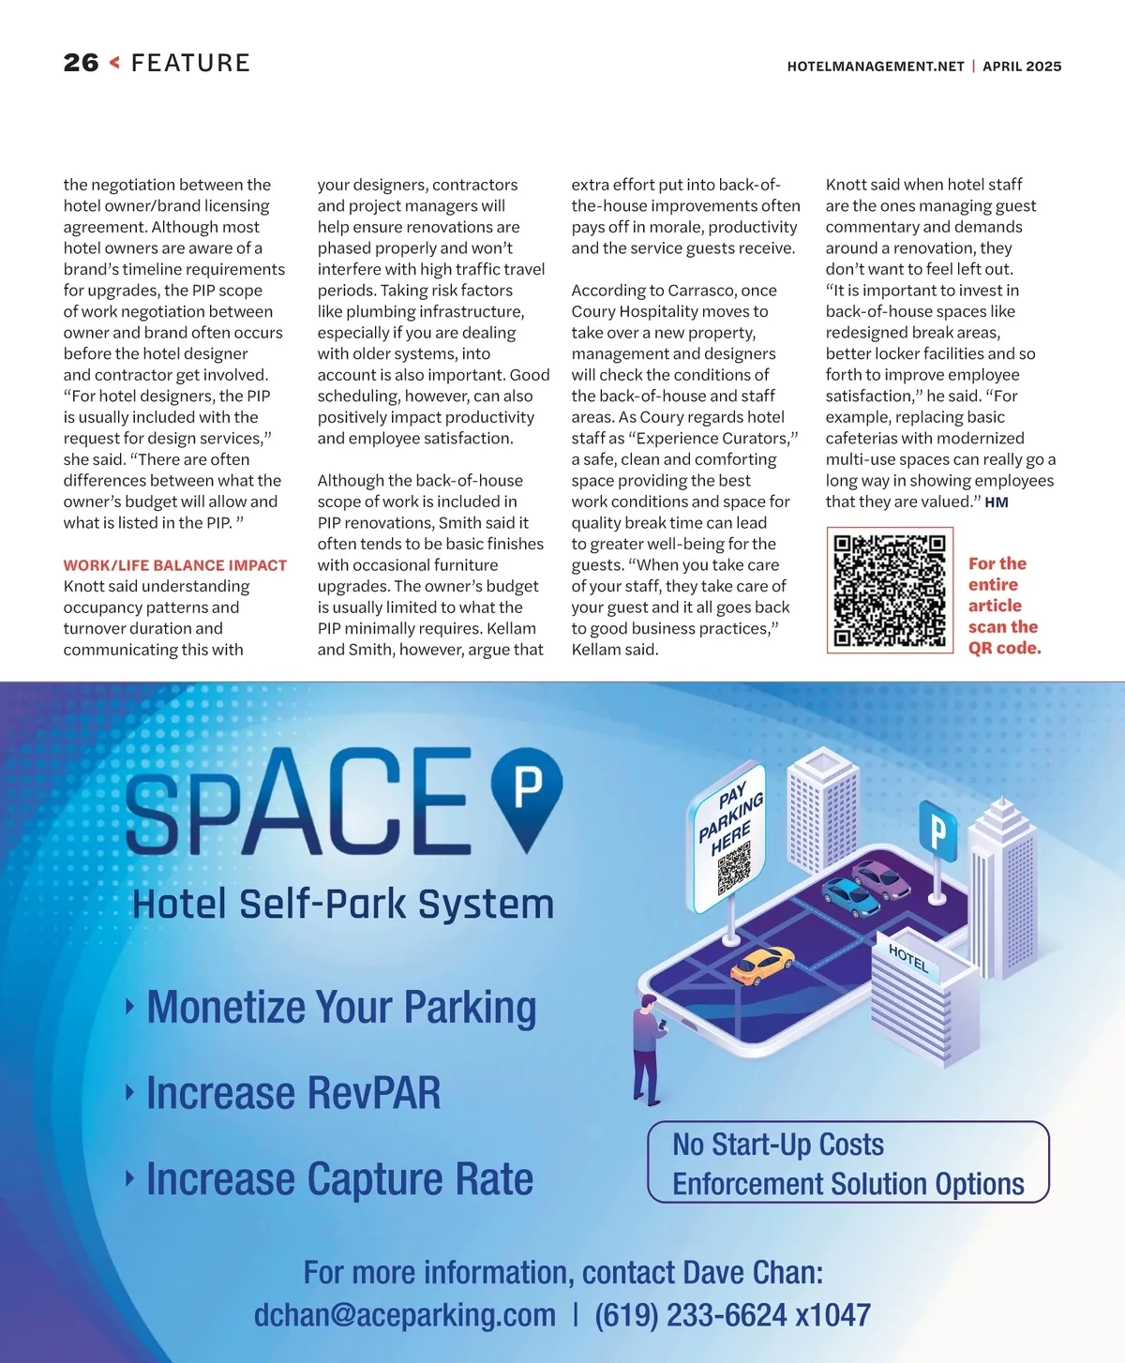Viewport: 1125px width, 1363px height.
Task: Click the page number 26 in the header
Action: pos(81,63)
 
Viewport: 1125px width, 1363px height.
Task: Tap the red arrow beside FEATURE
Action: pos(114,63)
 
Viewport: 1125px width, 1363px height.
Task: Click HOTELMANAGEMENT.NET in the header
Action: pos(876,67)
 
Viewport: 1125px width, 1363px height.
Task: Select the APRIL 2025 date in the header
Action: pos(1022,67)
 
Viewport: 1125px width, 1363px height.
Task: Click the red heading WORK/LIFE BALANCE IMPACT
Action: pos(175,565)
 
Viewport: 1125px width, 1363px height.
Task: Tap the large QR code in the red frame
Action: pos(890,591)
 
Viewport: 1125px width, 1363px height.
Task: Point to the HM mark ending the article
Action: pos(997,502)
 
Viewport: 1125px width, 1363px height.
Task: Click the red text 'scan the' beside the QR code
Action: pos(1003,627)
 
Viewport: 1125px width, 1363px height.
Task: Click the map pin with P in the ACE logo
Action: pos(527,793)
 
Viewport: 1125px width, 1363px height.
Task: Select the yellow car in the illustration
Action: pos(761,965)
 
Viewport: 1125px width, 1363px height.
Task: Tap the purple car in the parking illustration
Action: pos(882,878)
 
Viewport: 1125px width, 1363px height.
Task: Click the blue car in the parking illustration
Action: pos(850,897)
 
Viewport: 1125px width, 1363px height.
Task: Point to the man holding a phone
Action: pos(647,1048)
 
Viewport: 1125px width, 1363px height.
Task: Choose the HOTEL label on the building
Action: pos(907,958)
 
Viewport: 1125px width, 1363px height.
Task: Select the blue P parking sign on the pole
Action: pos(937,829)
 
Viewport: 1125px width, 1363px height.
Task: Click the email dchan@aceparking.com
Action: pos(405,1315)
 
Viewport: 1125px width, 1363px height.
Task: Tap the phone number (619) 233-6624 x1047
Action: pos(732,1315)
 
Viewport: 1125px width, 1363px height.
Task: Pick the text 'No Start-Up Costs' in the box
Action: pos(778,1145)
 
